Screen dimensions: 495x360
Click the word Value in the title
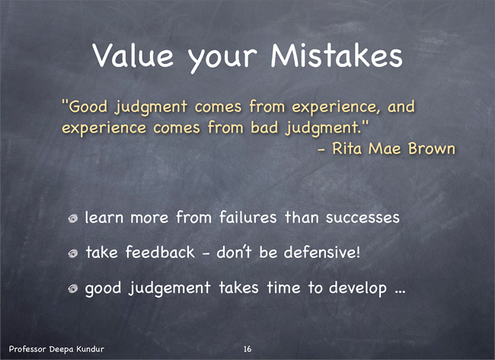[x=133, y=55]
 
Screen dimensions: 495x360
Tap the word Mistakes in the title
[x=337, y=55]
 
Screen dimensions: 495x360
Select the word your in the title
[x=222, y=58]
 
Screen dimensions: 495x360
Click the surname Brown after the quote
[x=432, y=148]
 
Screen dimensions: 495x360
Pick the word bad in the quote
[x=264, y=127]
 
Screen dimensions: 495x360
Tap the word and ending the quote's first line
[x=401, y=106]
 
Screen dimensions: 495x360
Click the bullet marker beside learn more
[x=73, y=218]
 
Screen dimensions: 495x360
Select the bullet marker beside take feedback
[x=73, y=253]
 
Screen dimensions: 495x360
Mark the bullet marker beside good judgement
[x=73, y=288]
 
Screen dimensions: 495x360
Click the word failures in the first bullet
[x=247, y=217]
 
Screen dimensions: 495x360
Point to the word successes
[x=362, y=218]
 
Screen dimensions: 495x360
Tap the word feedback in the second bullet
[x=160, y=252]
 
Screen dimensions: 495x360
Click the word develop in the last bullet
[x=358, y=288]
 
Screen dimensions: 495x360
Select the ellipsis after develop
[x=400, y=292]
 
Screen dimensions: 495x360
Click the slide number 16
[x=247, y=349]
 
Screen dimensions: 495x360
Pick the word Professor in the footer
[x=27, y=349]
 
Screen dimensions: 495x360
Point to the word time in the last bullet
[x=283, y=287]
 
